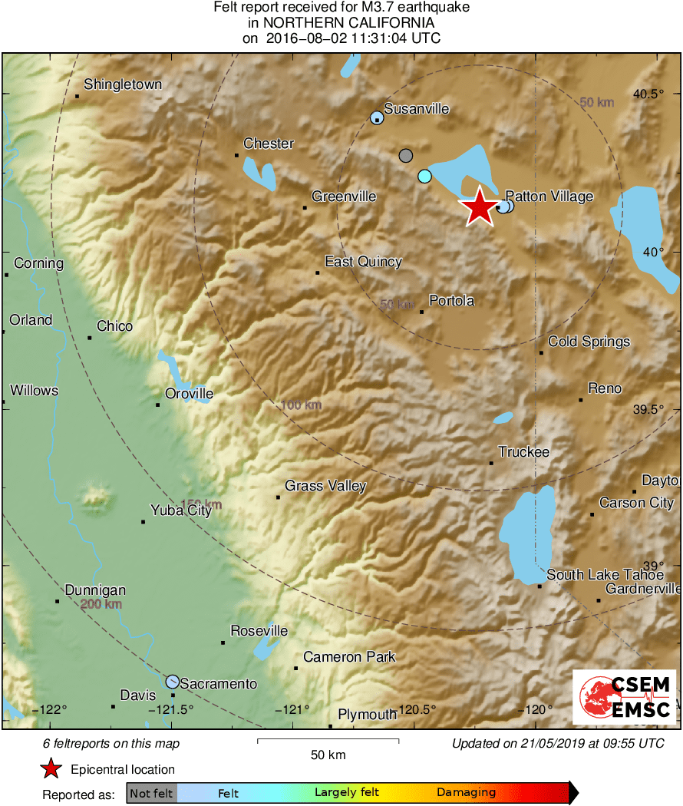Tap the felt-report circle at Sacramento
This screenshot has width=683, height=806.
click(x=173, y=682)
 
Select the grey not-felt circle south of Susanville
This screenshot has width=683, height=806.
click(x=406, y=156)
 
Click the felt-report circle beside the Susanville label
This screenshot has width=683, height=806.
click(x=377, y=117)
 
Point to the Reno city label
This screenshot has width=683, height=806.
click(x=605, y=389)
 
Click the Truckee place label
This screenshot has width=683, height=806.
click(x=523, y=452)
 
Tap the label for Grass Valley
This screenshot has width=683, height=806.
click(x=325, y=486)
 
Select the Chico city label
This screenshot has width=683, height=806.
click(x=114, y=326)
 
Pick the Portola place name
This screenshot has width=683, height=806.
click(x=451, y=301)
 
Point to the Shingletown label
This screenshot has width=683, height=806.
click(x=123, y=84)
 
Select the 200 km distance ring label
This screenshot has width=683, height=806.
click(x=101, y=605)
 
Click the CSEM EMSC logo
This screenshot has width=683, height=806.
click(x=624, y=697)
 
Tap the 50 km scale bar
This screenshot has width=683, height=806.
click(x=328, y=741)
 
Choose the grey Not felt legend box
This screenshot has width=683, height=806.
click(x=151, y=793)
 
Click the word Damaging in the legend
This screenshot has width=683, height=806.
click(x=466, y=793)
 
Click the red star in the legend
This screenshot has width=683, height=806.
click(x=52, y=769)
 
